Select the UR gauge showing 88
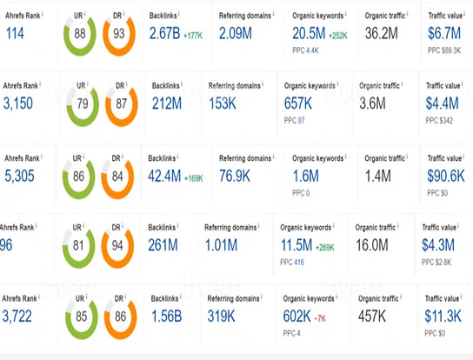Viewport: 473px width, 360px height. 80,34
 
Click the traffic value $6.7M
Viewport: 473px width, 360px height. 446,33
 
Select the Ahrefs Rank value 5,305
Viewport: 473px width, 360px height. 23,177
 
